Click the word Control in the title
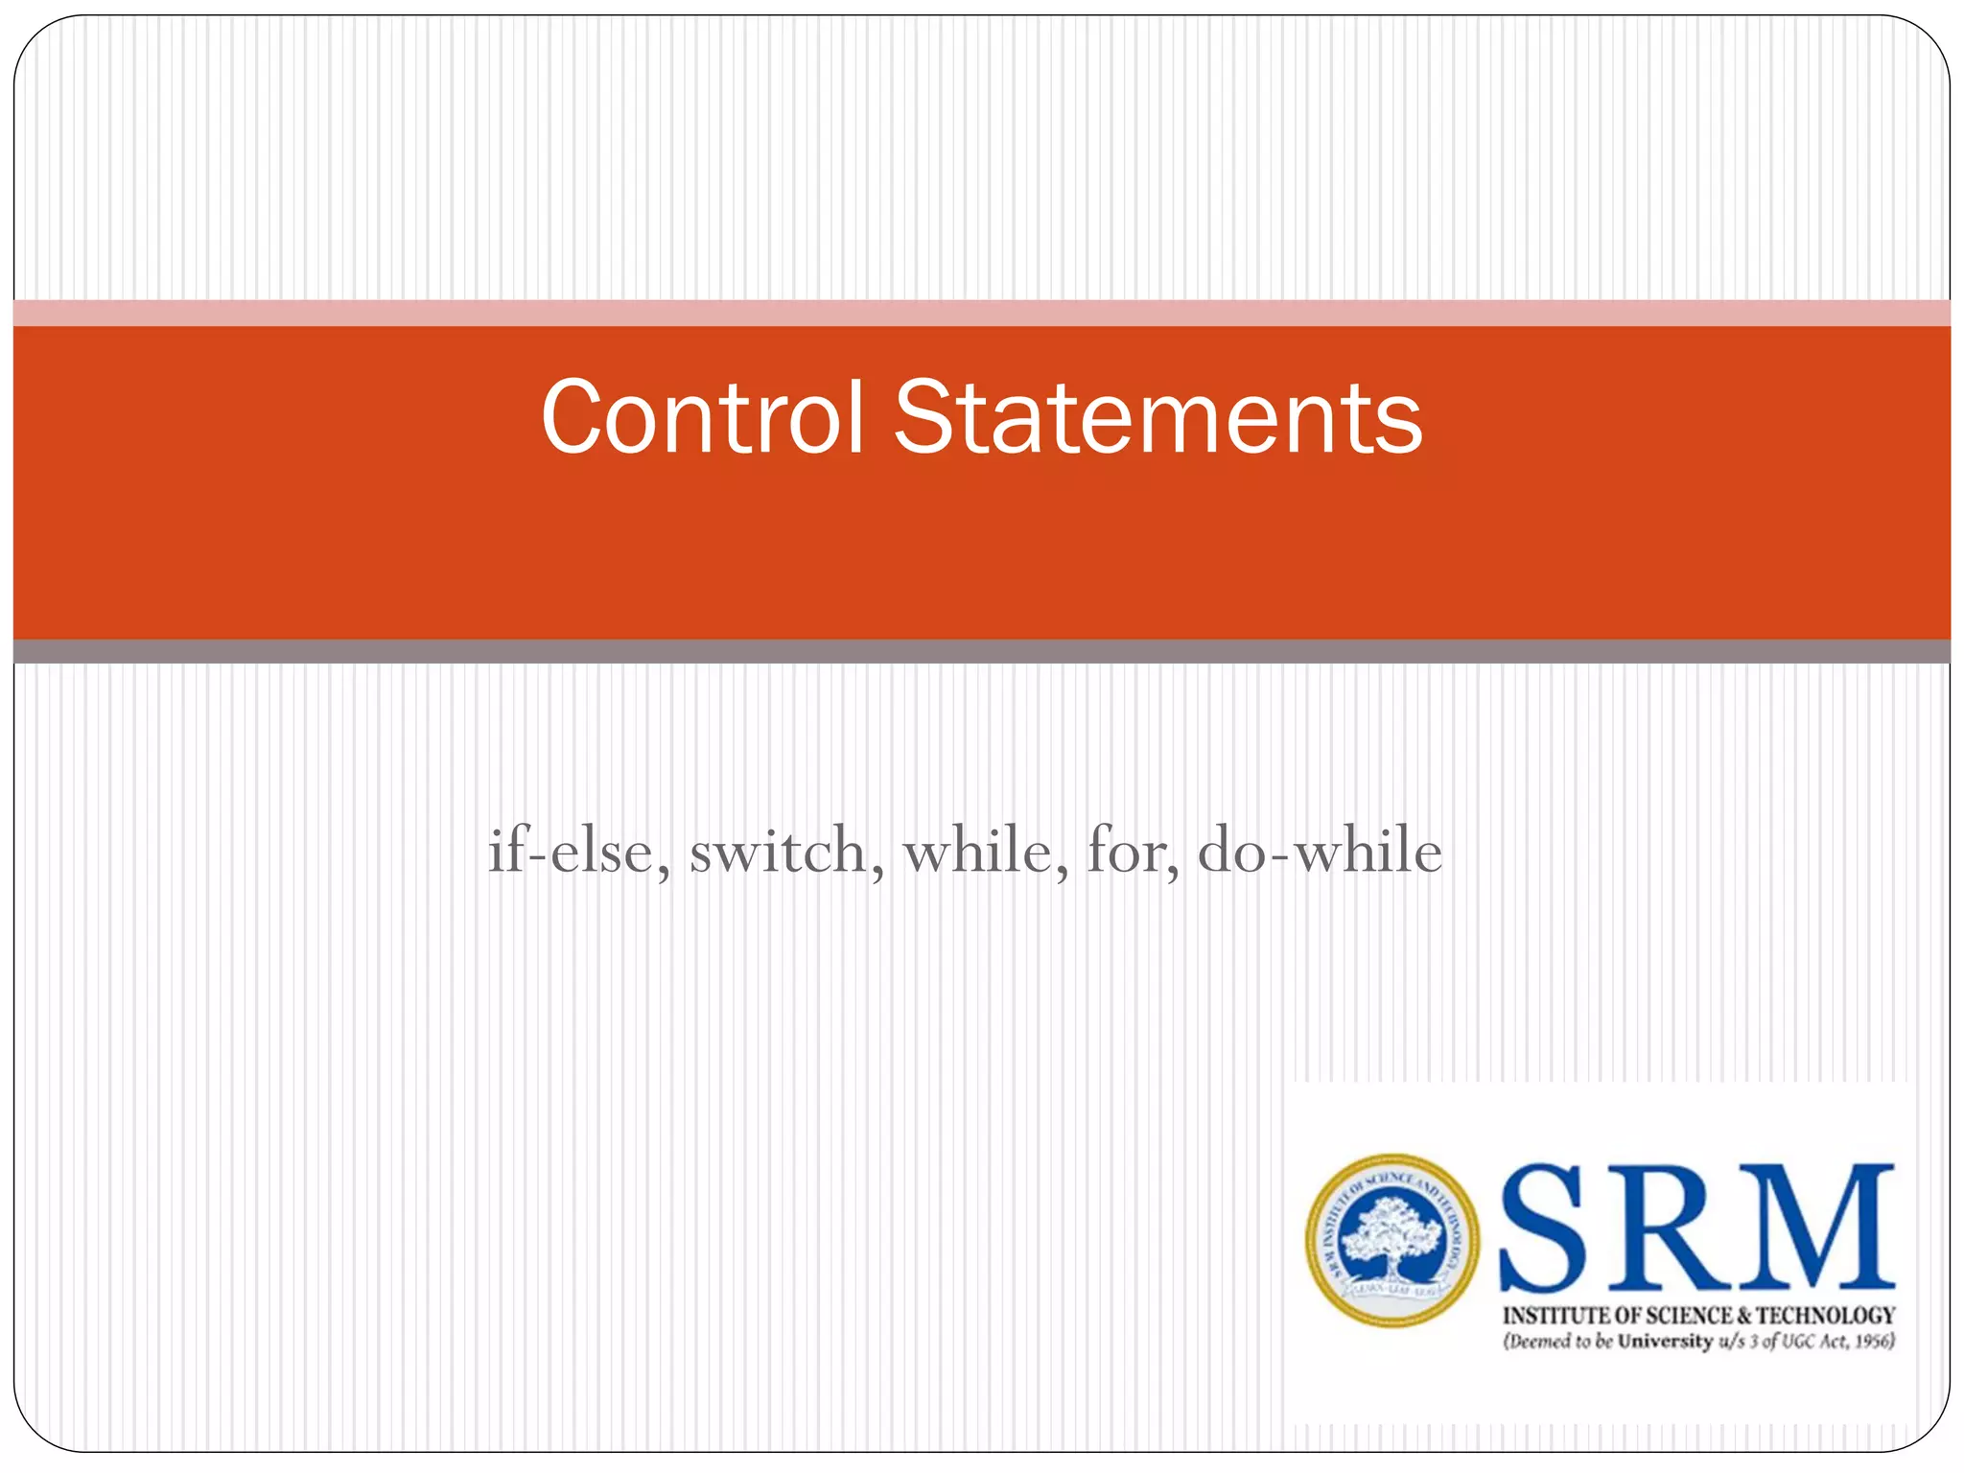pyautogui.click(x=703, y=417)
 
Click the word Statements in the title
pyautogui.click(x=1157, y=417)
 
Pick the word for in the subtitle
pyautogui.click(x=1131, y=851)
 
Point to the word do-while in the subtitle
pyautogui.click(x=1320, y=851)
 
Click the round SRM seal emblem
pyautogui.click(x=1391, y=1240)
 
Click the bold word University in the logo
pyautogui.click(x=1665, y=1342)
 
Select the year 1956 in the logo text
pyautogui.click(x=1871, y=1342)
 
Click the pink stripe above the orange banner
pyautogui.click(x=982, y=313)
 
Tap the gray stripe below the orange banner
pyautogui.click(x=982, y=651)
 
